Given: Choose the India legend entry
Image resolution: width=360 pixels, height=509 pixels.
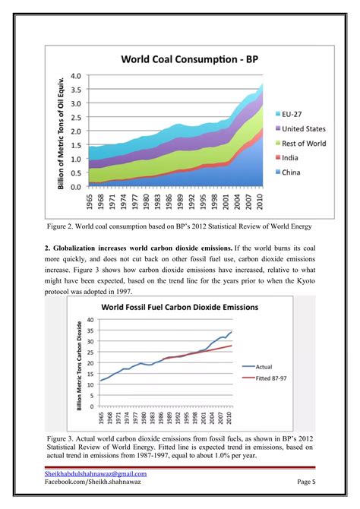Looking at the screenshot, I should [292, 158].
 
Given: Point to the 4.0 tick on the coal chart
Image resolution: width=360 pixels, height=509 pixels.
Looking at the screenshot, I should [76, 77].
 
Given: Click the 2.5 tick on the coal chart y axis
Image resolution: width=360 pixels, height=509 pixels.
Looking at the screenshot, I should [76, 118].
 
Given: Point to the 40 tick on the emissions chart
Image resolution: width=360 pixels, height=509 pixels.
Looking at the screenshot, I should [89, 320].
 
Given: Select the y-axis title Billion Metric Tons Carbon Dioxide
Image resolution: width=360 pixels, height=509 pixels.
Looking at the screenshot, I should [79, 365].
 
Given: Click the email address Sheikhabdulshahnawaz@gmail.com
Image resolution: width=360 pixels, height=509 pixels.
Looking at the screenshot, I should [96, 474].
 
